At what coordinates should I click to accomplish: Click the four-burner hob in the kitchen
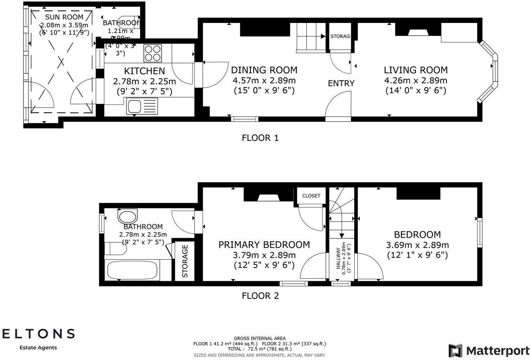click(x=153, y=53)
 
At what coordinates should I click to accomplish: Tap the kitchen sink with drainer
click(x=142, y=106)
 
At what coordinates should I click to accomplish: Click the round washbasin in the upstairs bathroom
click(x=127, y=217)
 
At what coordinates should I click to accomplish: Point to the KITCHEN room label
click(x=144, y=71)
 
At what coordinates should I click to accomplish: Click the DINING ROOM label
click(x=264, y=70)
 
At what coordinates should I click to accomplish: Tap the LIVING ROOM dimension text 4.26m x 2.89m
click(x=416, y=80)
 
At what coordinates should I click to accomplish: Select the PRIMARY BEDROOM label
click(x=264, y=245)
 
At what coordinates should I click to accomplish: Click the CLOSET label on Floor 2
click(x=311, y=196)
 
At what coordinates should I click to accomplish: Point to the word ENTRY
click(x=341, y=84)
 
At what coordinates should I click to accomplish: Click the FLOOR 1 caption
click(x=260, y=138)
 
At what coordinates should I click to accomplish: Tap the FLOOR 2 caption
click(x=260, y=296)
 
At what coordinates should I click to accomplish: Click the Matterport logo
click(x=489, y=350)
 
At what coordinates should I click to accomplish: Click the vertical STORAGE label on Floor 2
click(x=185, y=261)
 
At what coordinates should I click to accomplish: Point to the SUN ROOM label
click(x=64, y=17)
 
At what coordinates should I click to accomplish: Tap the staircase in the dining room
click(x=310, y=37)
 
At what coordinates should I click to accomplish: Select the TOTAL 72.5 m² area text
click(x=259, y=349)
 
